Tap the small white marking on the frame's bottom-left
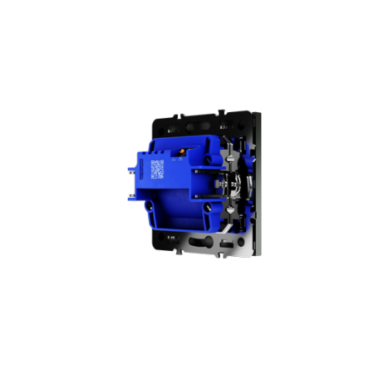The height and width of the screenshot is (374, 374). click(x=170, y=239)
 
